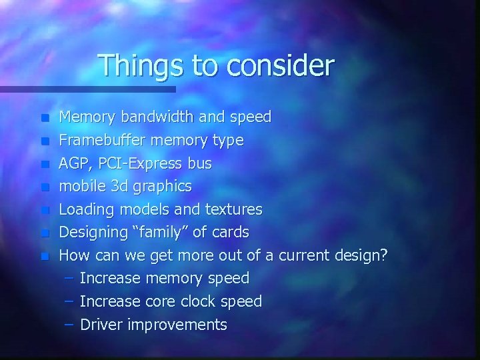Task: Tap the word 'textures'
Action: tap(233, 209)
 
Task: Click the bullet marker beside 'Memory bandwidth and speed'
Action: tap(45, 119)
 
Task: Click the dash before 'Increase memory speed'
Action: tap(69, 278)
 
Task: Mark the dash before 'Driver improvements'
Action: tap(69, 325)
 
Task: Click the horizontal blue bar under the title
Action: tap(87, 89)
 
